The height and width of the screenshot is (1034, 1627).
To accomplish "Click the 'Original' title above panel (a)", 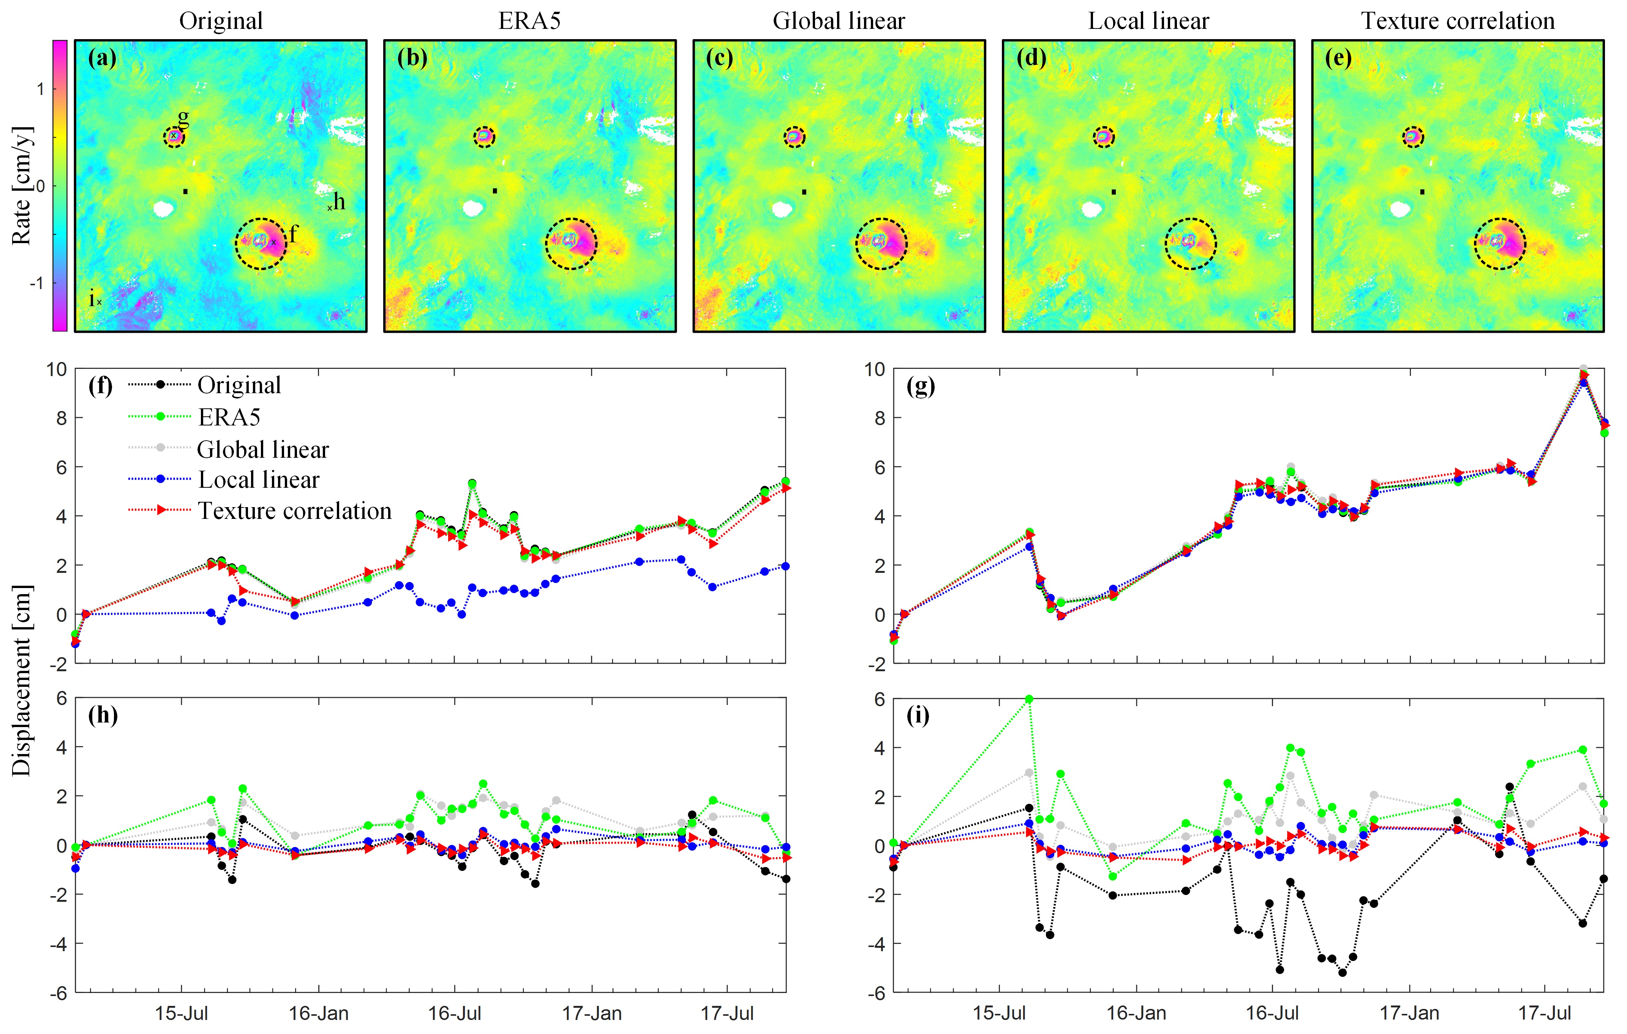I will click(221, 21).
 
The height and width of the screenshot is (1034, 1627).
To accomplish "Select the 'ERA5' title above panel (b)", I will click(530, 21).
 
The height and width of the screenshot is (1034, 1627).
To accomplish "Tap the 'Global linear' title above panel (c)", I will click(839, 21).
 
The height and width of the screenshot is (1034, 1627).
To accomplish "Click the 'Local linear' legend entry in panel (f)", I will click(258, 480).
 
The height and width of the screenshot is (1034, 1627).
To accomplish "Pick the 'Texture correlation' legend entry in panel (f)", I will click(295, 511).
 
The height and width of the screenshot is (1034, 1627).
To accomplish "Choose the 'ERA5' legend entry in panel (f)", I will click(229, 417).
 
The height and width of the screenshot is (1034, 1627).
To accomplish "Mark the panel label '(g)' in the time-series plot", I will click(920, 387).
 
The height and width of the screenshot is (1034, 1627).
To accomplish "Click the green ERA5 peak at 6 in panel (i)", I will click(1028, 699).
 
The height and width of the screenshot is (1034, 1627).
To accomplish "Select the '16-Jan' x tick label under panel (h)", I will click(318, 1014).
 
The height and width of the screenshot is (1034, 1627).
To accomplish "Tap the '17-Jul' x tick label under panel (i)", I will click(1545, 1014).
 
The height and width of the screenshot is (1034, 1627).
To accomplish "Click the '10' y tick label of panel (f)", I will click(57, 369).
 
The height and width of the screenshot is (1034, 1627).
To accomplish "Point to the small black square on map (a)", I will click(185, 191).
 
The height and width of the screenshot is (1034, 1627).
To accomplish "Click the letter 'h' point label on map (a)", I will click(339, 201).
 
